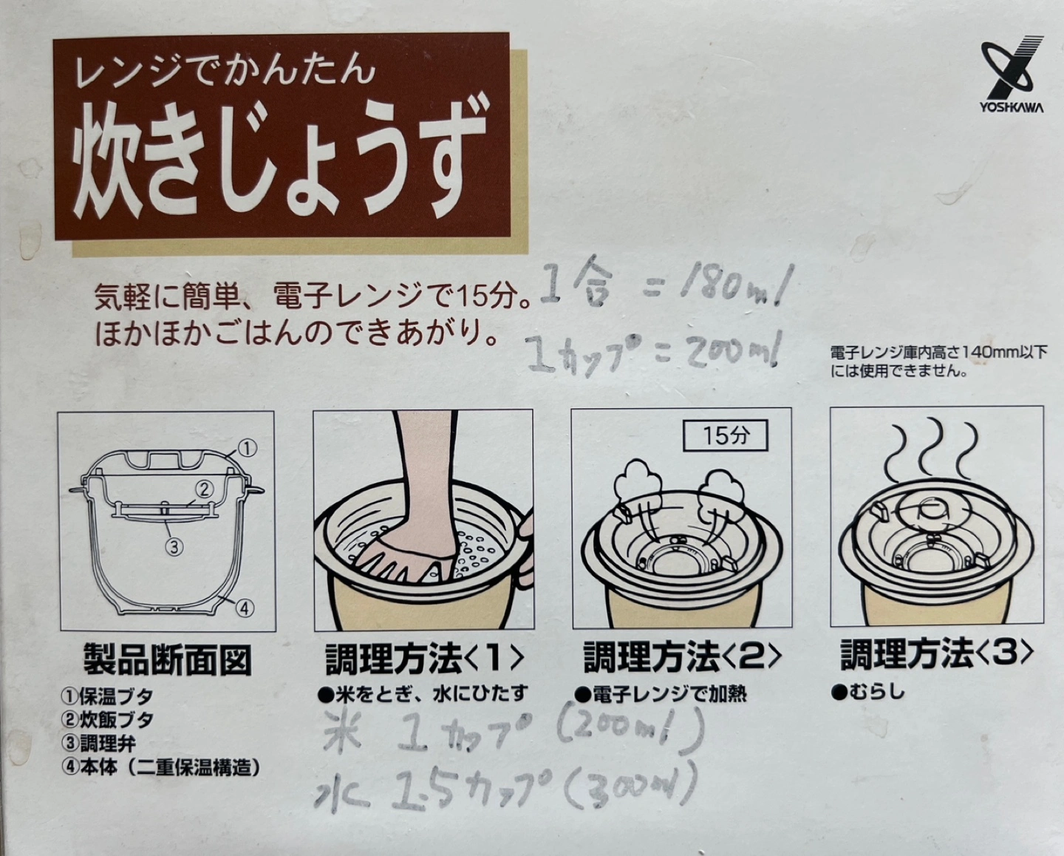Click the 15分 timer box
coord(725,435)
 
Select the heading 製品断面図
coord(167,660)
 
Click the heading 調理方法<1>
coord(424,659)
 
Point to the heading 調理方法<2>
coord(683,656)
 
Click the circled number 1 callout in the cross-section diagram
coord(248,448)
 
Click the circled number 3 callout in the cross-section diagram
coord(174,547)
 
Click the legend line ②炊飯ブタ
coord(107,720)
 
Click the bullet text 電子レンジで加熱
coord(661,694)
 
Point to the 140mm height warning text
coord(938,361)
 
